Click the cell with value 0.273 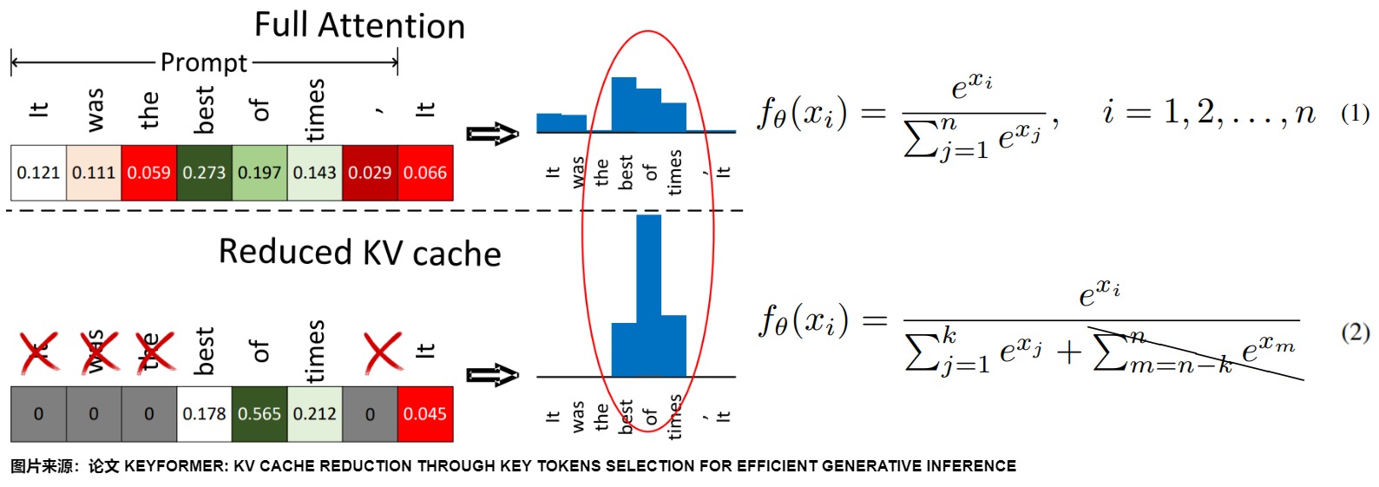coord(204,173)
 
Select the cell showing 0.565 coord(259,414)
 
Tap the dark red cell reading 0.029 coord(370,173)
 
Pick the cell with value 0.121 coord(38,173)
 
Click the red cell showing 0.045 coord(425,414)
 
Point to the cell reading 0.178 coord(204,414)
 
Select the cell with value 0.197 coord(259,173)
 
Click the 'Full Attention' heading coord(359,26)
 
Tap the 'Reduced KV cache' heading coord(359,253)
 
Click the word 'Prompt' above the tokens coord(204,63)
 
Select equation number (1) coord(1355,113)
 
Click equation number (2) coord(1355,332)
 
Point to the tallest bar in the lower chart coord(648,295)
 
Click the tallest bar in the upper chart coord(624,104)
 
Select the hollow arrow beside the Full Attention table coord(492,134)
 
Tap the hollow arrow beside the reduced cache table coord(492,375)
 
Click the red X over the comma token coord(383,352)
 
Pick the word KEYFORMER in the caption coord(176,466)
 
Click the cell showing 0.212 coord(314,414)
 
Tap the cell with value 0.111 coord(94,173)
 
